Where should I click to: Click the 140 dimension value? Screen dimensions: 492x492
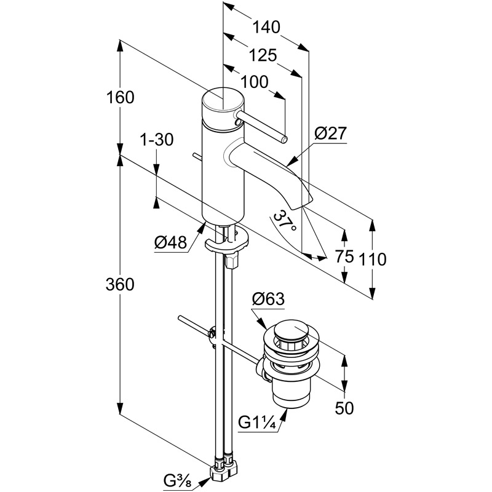click(266, 27)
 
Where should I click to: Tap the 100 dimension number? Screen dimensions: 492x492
click(255, 81)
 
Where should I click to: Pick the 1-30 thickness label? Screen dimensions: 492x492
click(156, 140)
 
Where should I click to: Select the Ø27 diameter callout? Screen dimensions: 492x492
click(331, 133)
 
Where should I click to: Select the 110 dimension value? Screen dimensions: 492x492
click(373, 259)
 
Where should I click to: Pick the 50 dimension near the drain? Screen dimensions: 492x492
click(344, 408)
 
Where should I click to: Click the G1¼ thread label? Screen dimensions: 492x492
click(257, 423)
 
